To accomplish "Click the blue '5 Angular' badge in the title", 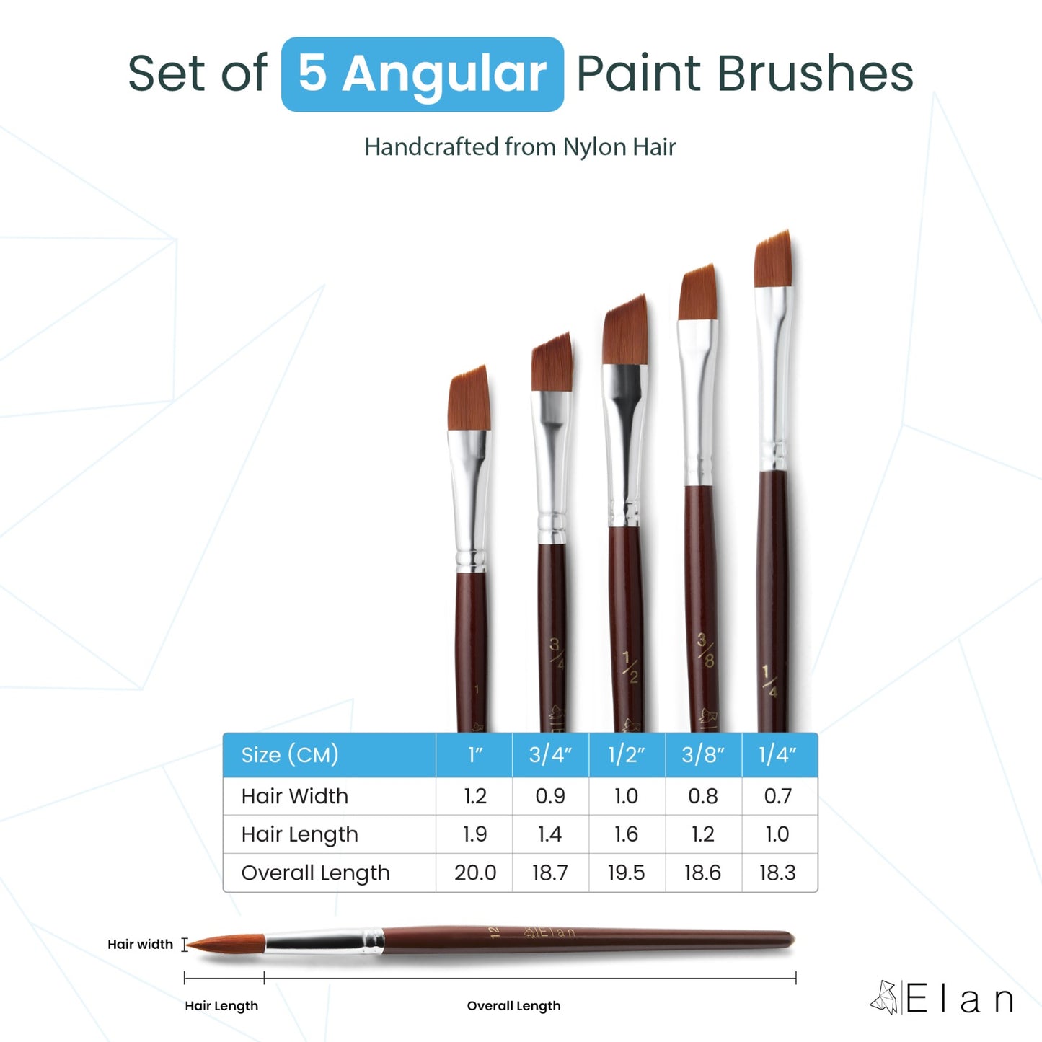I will tap(422, 74).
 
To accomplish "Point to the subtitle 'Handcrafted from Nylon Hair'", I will tap(520, 147).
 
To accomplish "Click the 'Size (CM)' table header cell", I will tap(290, 755).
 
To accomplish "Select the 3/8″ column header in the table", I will tap(702, 755).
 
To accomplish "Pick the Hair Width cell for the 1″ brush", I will tap(474, 796).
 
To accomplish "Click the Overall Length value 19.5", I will tap(626, 873).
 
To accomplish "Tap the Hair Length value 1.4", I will tap(549, 834).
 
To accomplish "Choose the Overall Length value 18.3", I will tap(777, 873).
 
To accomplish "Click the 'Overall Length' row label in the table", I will tap(315, 873).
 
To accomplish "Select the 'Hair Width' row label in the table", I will tap(294, 796).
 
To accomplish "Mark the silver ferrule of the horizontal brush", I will tap(322, 941).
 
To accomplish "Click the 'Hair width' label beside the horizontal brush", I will tap(140, 945).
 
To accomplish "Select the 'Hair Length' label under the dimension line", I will tap(221, 1006).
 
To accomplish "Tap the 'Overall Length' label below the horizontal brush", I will tap(513, 1006).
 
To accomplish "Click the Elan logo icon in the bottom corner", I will tap(883, 998).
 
